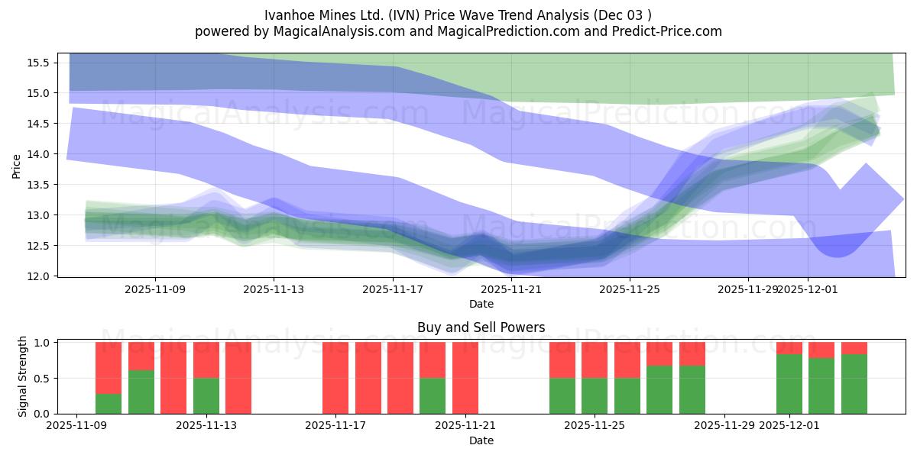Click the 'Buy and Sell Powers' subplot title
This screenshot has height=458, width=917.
click(x=481, y=327)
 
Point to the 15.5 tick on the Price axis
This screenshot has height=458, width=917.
click(x=40, y=63)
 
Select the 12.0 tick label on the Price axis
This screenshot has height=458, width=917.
click(x=40, y=276)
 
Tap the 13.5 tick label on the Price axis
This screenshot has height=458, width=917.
click(x=40, y=185)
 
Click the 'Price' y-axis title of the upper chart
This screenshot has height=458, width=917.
click(x=17, y=165)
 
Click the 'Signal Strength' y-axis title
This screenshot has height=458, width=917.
click(x=23, y=376)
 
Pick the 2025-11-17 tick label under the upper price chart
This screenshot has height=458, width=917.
click(x=392, y=290)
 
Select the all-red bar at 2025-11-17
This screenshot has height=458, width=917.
click(x=335, y=378)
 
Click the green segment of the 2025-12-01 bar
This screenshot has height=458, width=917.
click(x=789, y=384)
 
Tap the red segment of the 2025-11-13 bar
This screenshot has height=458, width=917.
click(x=206, y=360)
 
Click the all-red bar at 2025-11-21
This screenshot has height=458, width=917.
click(x=465, y=378)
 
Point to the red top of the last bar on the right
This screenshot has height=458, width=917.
click(x=854, y=348)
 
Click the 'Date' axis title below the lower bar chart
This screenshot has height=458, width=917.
click(x=481, y=440)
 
